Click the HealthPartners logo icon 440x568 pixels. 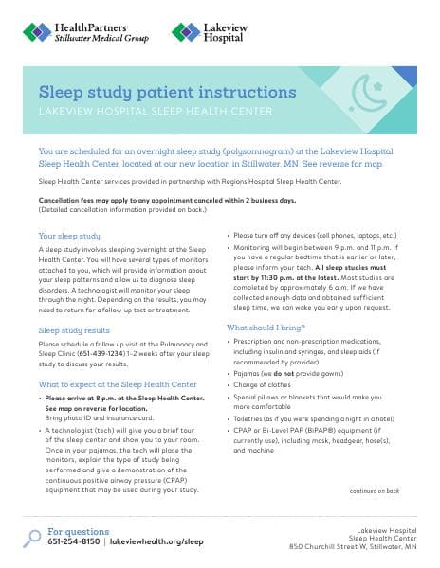36,33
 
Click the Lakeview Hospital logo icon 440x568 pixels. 184,33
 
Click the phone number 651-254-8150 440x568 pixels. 75,541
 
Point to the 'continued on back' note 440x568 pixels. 374,491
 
